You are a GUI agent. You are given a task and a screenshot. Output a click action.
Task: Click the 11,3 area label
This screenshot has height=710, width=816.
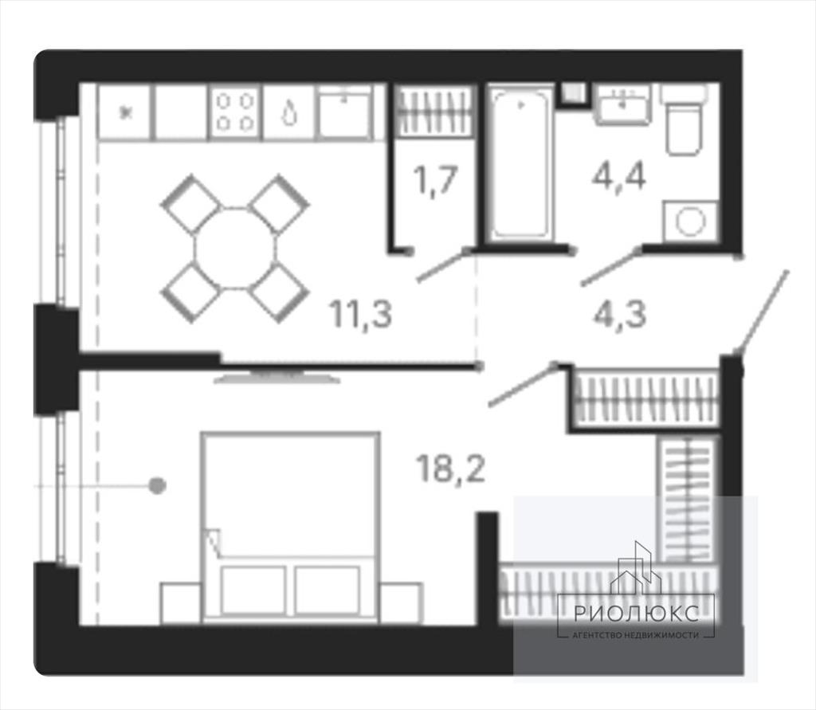pyautogui.click(x=360, y=315)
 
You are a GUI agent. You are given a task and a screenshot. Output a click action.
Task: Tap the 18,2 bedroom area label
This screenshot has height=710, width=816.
pyautogui.click(x=451, y=468)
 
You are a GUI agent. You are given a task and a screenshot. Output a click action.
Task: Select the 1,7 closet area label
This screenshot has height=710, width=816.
pyautogui.click(x=435, y=180)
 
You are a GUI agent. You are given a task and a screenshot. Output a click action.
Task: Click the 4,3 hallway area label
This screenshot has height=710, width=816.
pyautogui.click(x=619, y=313)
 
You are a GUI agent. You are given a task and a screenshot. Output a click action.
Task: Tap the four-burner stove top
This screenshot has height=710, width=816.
pyautogui.click(x=235, y=113)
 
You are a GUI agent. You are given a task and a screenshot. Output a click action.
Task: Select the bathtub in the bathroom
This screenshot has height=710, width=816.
pyautogui.click(x=520, y=163)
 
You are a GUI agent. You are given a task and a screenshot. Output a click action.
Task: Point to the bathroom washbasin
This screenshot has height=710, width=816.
pyautogui.click(x=622, y=105)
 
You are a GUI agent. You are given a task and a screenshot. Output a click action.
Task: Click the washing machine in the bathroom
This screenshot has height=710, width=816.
pyautogui.click(x=690, y=222)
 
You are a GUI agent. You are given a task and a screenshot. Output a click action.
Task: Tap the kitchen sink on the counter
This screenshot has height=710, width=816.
pyautogui.click(x=344, y=112)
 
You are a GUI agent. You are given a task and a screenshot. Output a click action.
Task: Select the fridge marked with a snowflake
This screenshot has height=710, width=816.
pyautogui.click(x=125, y=113)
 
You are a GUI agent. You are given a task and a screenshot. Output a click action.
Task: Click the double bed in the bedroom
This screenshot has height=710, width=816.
pyautogui.click(x=291, y=526)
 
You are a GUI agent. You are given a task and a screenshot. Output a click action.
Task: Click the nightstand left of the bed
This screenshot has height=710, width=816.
pyautogui.click(x=181, y=602)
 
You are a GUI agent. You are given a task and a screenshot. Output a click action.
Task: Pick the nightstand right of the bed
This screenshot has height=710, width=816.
pyautogui.click(x=401, y=602)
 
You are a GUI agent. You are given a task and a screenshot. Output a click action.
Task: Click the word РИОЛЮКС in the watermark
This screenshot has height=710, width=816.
pyautogui.click(x=636, y=614)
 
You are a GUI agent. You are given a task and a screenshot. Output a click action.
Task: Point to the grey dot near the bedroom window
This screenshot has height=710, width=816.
pyautogui.click(x=157, y=485)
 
